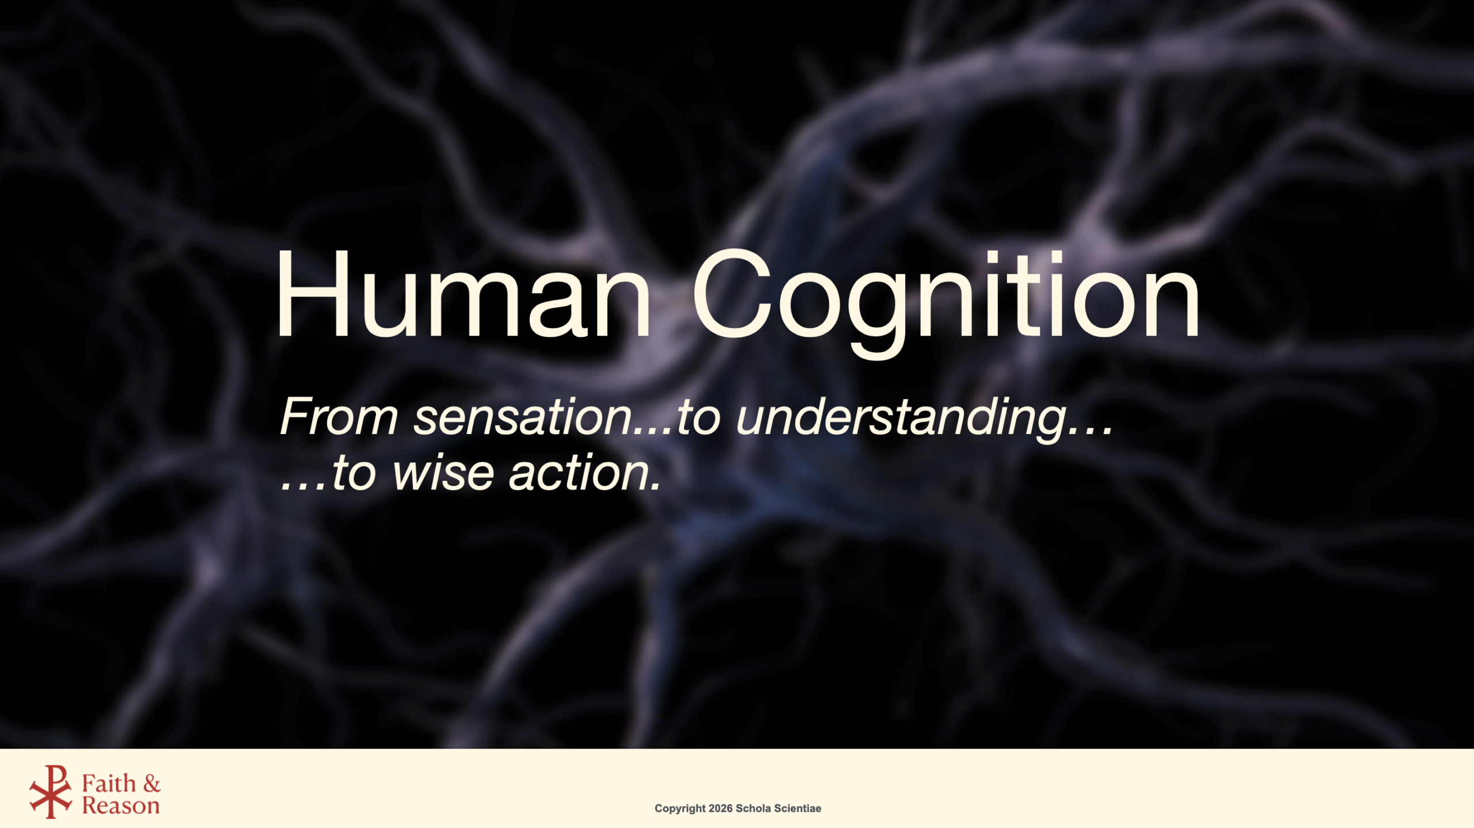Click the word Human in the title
click(x=464, y=294)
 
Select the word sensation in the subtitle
click(x=523, y=416)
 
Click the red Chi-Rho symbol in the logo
click(x=51, y=791)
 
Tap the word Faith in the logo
click(x=109, y=783)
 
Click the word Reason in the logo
click(x=121, y=805)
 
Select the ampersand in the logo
click(x=152, y=784)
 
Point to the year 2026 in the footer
click(x=720, y=808)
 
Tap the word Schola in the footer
click(x=753, y=808)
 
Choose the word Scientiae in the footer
click(x=797, y=808)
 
